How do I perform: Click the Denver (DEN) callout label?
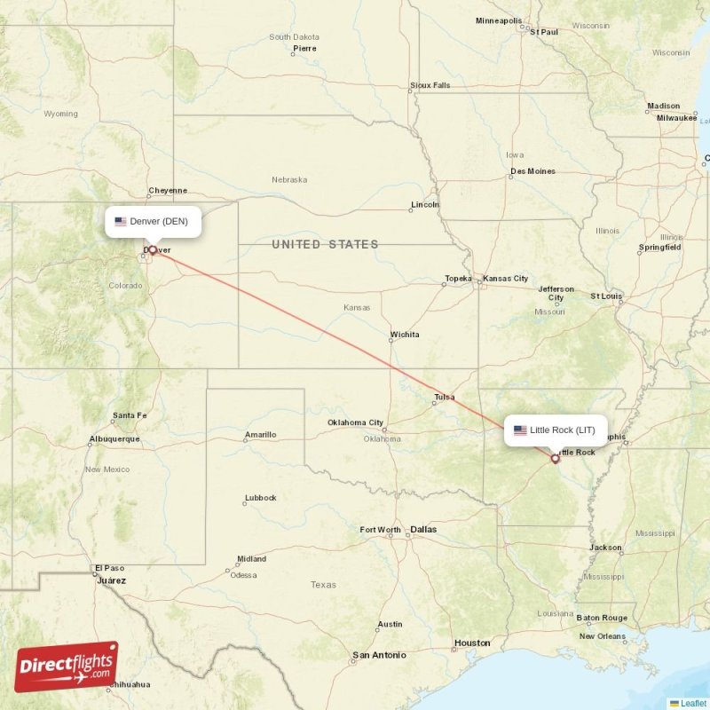153,222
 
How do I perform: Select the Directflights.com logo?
67,667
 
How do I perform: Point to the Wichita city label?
404,335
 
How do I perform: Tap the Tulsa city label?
445,397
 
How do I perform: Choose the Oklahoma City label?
355,422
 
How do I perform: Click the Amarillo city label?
260,435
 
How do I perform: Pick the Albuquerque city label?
114,438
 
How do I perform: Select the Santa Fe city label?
130,415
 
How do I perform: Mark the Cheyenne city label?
168,190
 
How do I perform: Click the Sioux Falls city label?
430,85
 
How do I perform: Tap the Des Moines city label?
532,171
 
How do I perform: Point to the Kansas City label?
505,279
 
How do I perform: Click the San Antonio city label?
379,655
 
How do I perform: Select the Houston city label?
471,643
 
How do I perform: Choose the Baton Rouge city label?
602,618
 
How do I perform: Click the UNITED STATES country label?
325,244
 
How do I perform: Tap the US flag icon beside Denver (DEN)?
121,222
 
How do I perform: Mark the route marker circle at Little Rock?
556,459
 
